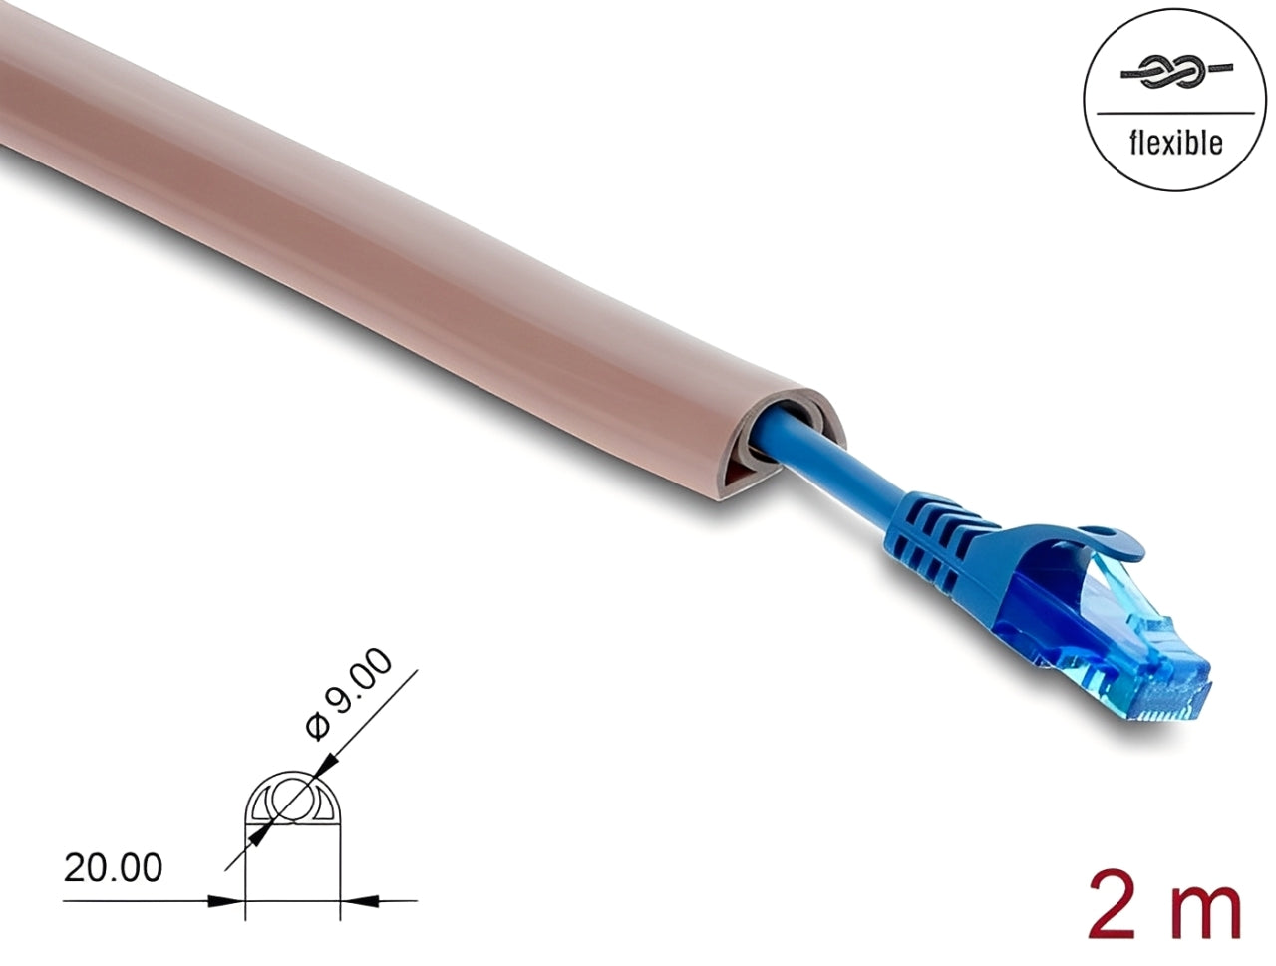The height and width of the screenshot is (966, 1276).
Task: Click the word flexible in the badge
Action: [1175, 144]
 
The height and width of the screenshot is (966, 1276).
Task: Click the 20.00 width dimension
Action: [113, 868]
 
